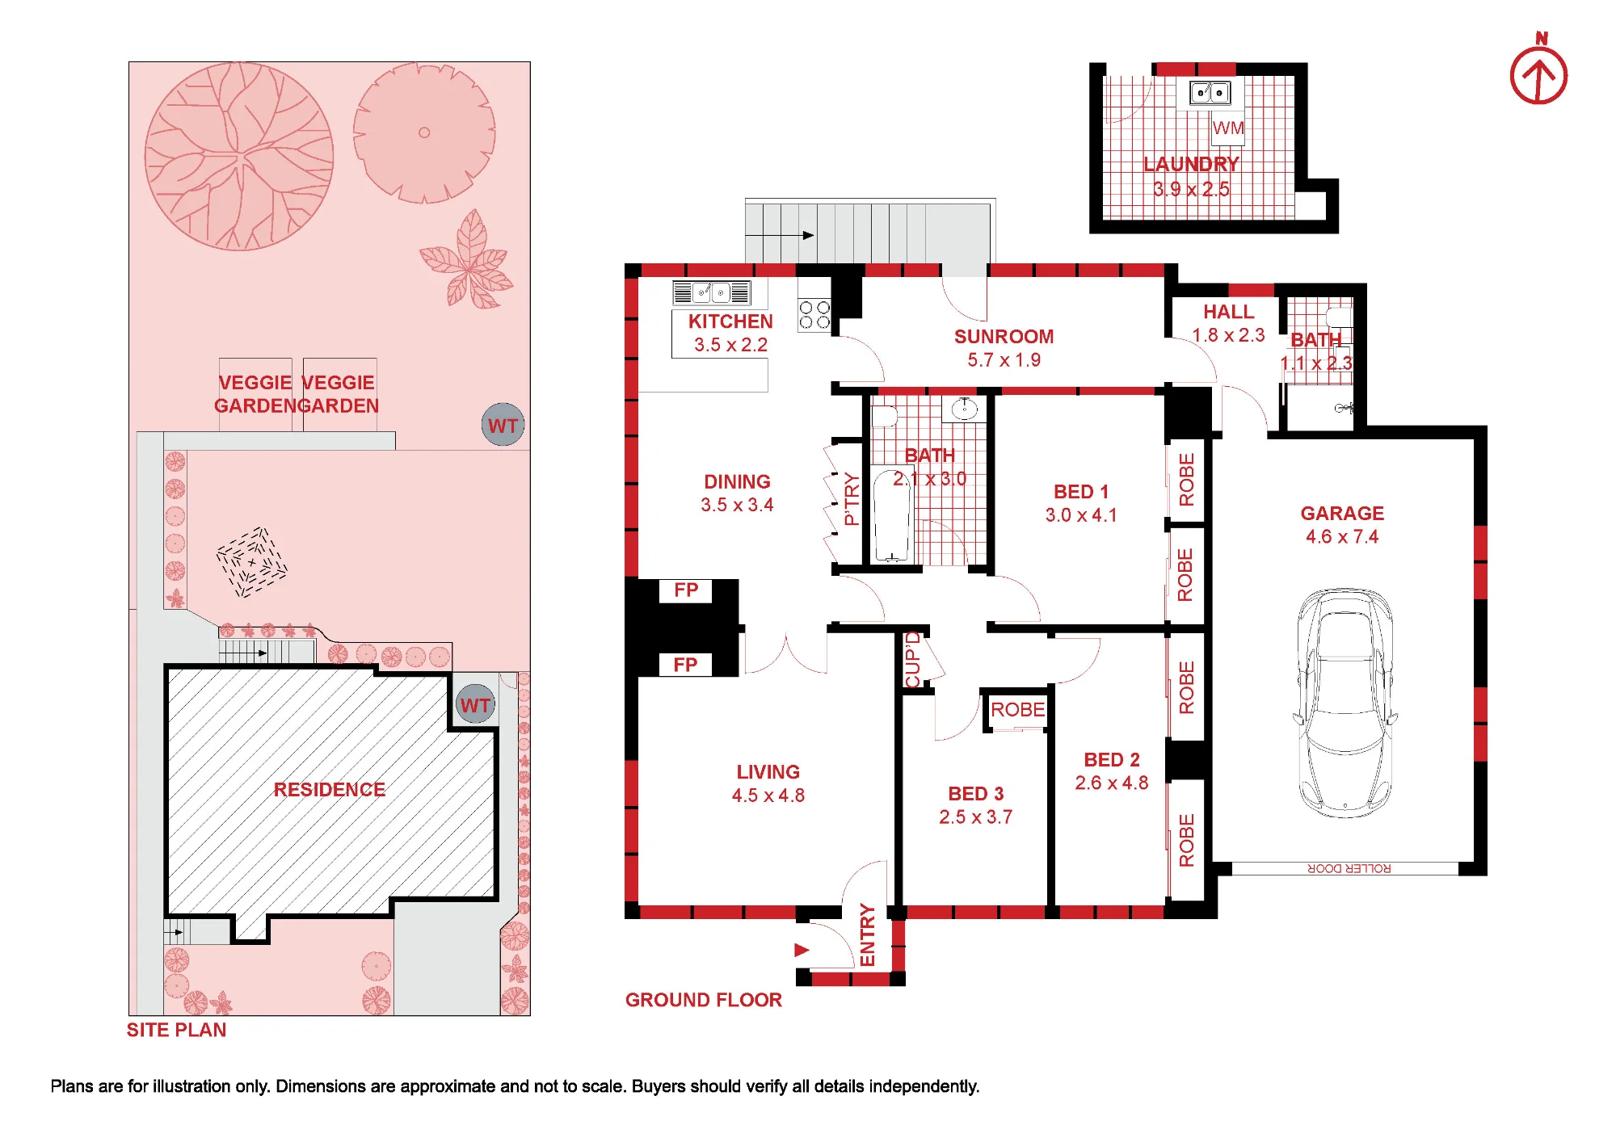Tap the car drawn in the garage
click(x=1345, y=702)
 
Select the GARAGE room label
click(x=1342, y=514)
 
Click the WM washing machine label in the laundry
click(x=1228, y=128)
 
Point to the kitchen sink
click(x=711, y=292)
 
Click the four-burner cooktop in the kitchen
click(x=814, y=314)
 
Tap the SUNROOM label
click(x=1004, y=337)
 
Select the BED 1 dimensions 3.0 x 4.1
click(x=1081, y=515)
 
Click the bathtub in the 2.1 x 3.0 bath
click(x=892, y=514)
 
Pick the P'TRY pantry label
click(x=851, y=499)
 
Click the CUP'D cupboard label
click(x=913, y=660)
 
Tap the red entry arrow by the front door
click(x=802, y=950)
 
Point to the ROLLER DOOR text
click(x=1349, y=868)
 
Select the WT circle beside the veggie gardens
click(x=503, y=425)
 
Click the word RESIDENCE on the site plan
click(x=329, y=790)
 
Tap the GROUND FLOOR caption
click(x=704, y=1000)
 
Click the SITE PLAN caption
click(x=176, y=1030)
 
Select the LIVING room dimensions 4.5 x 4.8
click(x=768, y=796)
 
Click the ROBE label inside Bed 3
click(x=1017, y=710)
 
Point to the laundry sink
click(x=1210, y=93)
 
